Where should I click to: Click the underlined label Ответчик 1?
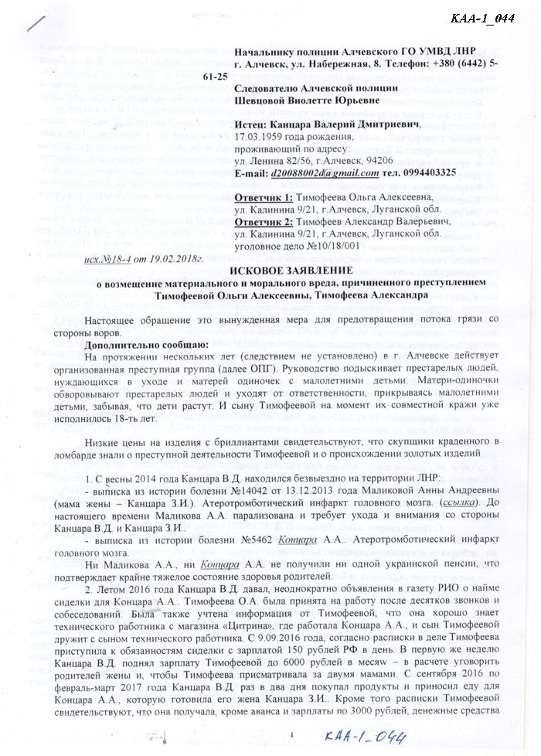264,197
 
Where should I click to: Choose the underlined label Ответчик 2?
264,220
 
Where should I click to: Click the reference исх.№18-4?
106,252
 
